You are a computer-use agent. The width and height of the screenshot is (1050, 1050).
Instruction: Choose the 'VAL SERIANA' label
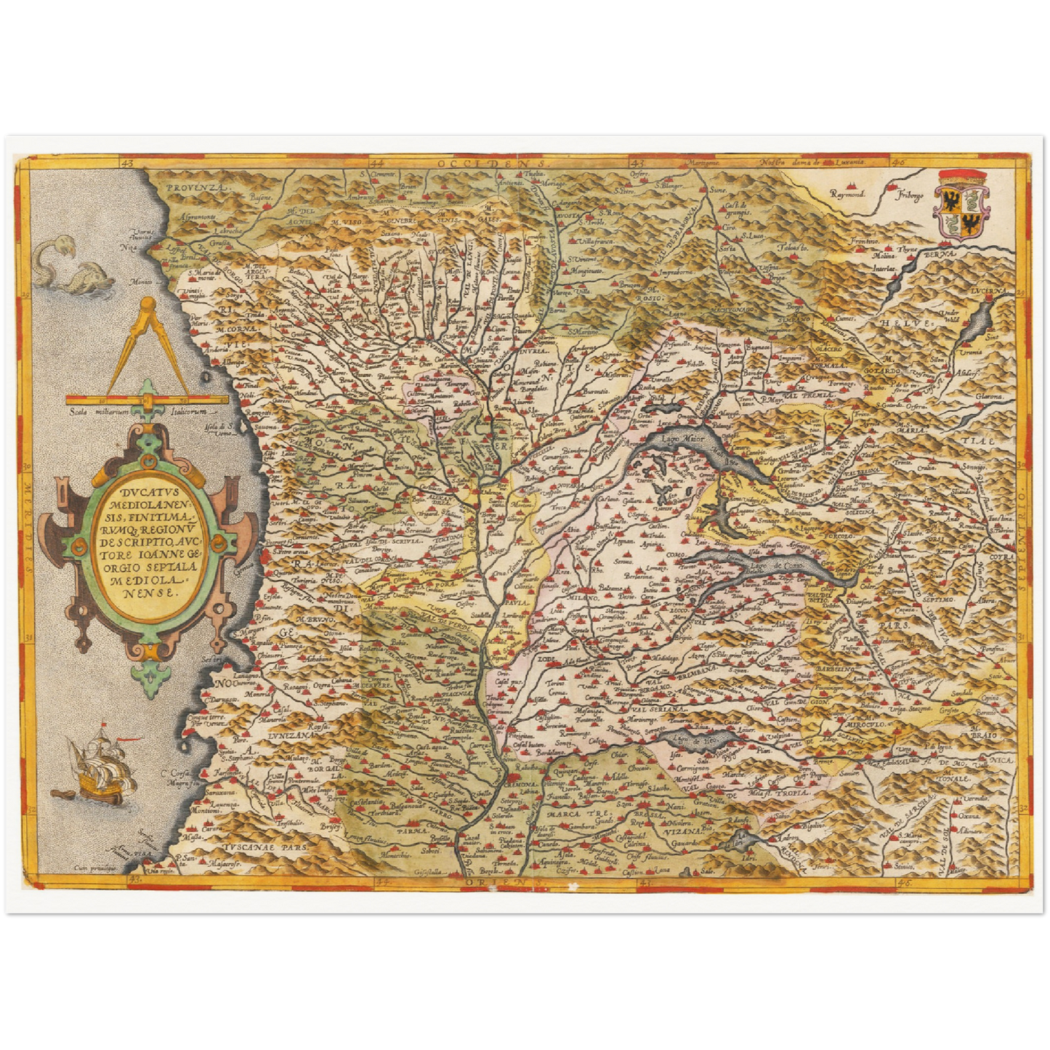click(x=659, y=709)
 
